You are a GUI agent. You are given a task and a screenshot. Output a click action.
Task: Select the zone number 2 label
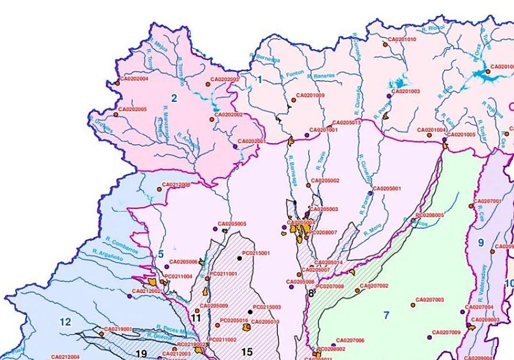tap(174, 98)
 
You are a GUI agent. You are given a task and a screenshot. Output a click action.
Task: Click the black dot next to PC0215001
tap(239, 258)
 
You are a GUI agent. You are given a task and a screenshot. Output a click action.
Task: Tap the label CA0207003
tap(430, 300)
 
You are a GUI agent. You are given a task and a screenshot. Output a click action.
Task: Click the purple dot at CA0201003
tap(389, 96)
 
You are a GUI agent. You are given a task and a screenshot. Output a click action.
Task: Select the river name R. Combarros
tap(121, 246)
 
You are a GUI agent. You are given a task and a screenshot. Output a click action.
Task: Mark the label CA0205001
tap(387, 188)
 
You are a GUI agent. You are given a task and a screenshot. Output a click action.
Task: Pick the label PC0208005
tap(430, 215)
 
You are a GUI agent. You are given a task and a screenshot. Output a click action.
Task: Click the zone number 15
tap(247, 352)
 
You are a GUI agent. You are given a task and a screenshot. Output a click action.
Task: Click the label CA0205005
tap(232, 224)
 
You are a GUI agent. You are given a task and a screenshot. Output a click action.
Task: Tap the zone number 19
tap(141, 354)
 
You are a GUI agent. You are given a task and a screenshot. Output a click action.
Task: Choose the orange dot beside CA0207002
tap(357, 291)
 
